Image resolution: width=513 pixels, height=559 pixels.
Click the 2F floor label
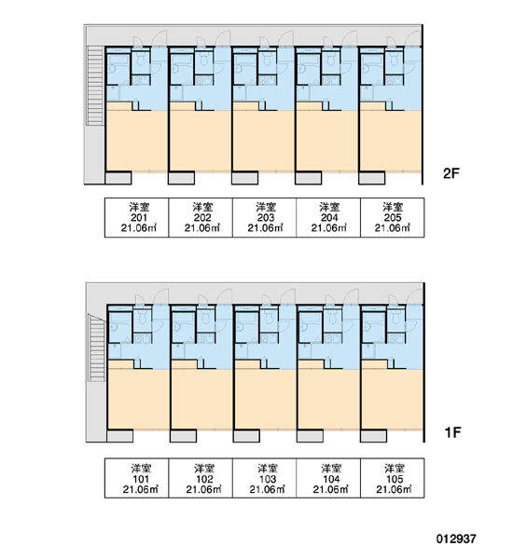451,173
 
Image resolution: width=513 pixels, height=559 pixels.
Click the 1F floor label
452,432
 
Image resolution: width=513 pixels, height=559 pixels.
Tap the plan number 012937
456,539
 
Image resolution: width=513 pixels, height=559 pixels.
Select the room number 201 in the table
139,217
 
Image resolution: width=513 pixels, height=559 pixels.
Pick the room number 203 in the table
266,217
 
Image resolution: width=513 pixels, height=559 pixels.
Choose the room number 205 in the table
393,217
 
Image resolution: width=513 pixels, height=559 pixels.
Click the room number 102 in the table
204,479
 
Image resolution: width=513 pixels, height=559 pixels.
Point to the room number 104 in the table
331,479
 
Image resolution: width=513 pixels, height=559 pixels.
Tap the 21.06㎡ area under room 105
394,489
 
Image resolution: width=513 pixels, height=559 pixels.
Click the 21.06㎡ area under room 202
202,228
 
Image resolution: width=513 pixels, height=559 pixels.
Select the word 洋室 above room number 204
329,207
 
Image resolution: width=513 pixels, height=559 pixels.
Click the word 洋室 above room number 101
141,468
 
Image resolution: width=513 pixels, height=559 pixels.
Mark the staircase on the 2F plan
96,86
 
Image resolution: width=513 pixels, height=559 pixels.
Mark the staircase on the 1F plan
97,348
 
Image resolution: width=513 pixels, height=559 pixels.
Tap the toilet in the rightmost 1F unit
396,318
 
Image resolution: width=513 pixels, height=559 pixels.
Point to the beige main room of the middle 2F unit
263,140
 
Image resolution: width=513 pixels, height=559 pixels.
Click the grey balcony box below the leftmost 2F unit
118,178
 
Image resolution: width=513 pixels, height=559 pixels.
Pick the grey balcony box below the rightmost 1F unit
373,436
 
